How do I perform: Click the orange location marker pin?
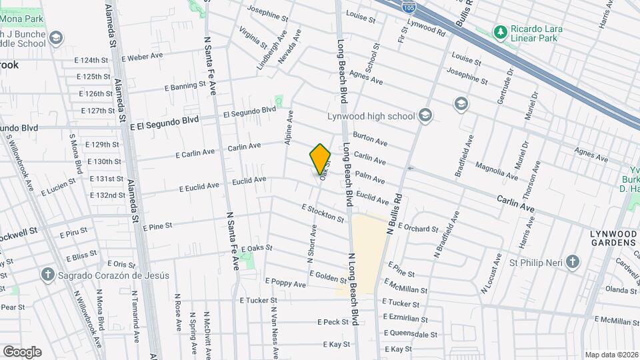pyautogui.click(x=321, y=159)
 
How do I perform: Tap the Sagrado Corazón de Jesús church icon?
pyautogui.click(x=48, y=275)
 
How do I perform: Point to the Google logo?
pyautogui.click(x=22, y=351)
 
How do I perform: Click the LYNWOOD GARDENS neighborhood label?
pyautogui.click(x=613, y=238)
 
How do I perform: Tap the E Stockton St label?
pyautogui.click(x=323, y=213)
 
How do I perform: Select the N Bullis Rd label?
pyautogui.click(x=395, y=213)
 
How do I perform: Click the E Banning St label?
pyautogui.click(x=185, y=86)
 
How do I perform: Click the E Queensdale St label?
pyautogui.click(x=411, y=334)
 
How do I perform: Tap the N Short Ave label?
pyautogui.click(x=311, y=243)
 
